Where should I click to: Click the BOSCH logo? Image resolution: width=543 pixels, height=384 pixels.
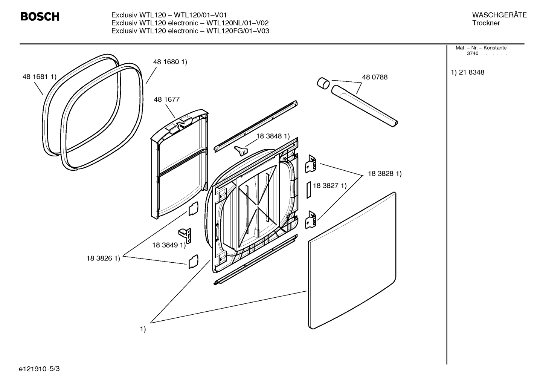click(x=40, y=17)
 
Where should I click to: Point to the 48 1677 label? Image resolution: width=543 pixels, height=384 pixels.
click(x=166, y=99)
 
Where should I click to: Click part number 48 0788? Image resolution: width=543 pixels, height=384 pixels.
click(x=374, y=77)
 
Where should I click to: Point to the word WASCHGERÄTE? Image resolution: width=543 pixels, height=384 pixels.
click(x=499, y=15)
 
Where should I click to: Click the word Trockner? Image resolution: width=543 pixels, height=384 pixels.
click(x=486, y=23)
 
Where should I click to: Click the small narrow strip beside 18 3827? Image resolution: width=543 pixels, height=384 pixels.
click(x=308, y=190)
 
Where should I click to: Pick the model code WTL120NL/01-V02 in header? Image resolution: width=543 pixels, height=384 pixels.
click(x=237, y=23)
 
